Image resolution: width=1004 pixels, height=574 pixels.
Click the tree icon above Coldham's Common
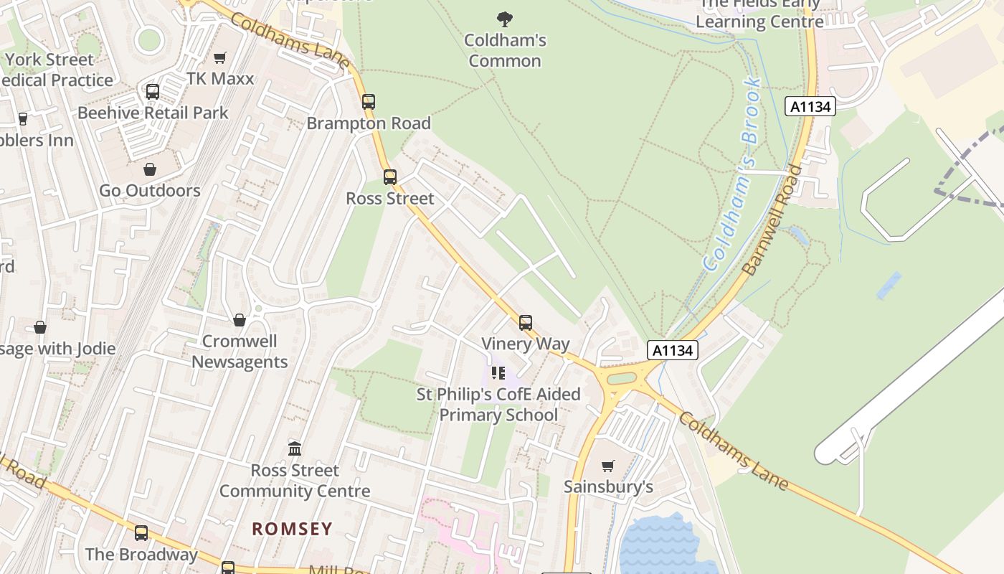pos(505,19)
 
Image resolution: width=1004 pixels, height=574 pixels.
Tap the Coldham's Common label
pos(505,50)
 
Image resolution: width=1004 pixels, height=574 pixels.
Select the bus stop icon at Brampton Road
pos(369,102)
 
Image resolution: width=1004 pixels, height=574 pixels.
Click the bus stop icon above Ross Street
pos(390,177)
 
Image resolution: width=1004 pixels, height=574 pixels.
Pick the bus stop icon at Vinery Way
pos(526,323)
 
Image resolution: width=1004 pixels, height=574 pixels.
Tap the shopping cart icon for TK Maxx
pos(220,57)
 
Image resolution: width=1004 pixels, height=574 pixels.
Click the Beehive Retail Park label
pos(153,113)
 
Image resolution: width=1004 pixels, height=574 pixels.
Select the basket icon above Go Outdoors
pos(150,169)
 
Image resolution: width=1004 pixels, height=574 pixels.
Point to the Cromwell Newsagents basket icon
pos(240,320)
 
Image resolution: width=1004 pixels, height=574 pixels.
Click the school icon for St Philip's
pos(498,373)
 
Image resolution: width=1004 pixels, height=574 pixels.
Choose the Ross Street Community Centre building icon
pos(295,449)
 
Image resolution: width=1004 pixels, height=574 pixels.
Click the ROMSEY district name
pos(292,530)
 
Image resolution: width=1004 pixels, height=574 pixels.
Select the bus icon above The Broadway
pos(141,532)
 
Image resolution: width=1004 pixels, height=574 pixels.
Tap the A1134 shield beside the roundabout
pos(672,350)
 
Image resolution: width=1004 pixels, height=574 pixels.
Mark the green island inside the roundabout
pos(622,378)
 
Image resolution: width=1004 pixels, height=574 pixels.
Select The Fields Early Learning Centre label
pos(759,14)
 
